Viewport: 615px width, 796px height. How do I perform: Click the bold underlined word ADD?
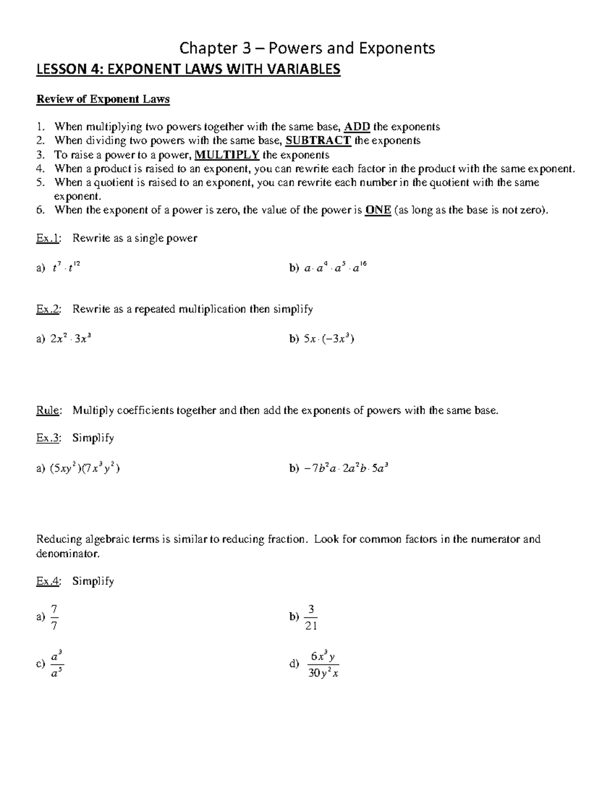tap(357, 127)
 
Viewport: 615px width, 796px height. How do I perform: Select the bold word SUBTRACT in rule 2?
tap(318, 140)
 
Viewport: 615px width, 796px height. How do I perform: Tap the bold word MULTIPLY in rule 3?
tap(227, 155)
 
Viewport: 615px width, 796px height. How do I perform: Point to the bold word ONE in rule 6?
tap(378, 210)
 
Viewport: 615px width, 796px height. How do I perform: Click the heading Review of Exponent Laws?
tap(102, 99)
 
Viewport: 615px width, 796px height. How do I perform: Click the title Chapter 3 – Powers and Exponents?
tap(307, 48)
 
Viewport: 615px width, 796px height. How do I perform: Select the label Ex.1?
tap(49, 238)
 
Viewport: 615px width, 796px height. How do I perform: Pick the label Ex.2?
tap(49, 309)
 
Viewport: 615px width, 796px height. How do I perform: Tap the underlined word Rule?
tap(49, 411)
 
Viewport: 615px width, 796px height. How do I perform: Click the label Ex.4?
tap(49, 581)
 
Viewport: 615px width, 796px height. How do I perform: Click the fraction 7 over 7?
tap(55, 617)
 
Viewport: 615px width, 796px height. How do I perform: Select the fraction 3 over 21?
tap(311, 617)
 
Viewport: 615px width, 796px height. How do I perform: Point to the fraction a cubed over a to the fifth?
tap(56, 664)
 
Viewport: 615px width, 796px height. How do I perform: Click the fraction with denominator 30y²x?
tap(323, 664)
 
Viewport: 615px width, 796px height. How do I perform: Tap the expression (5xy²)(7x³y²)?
tap(85, 468)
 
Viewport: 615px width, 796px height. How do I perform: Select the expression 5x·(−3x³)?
tap(329, 339)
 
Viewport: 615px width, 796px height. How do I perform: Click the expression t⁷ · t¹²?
tap(66, 267)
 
